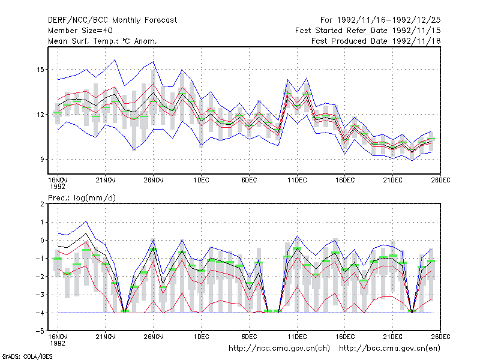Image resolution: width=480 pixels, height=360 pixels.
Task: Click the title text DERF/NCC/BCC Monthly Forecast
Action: click(x=112, y=20)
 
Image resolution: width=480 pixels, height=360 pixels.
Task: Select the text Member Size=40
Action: click(x=80, y=31)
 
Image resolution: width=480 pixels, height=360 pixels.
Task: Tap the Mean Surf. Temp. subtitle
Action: click(x=102, y=41)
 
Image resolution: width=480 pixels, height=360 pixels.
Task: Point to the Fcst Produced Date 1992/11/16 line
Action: click(x=376, y=41)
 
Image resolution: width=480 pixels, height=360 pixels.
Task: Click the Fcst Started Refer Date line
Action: click(x=368, y=31)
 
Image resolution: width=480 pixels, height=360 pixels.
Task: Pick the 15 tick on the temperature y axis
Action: click(x=40, y=70)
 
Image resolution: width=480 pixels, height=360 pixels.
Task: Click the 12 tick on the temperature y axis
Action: click(x=40, y=115)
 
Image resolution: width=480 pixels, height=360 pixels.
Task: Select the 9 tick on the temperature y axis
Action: click(x=42, y=160)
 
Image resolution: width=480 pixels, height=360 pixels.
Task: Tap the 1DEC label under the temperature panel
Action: click(x=201, y=180)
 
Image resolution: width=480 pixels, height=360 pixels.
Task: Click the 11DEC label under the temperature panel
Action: click(x=297, y=180)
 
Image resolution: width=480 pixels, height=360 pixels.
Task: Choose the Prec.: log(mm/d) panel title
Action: click(x=82, y=198)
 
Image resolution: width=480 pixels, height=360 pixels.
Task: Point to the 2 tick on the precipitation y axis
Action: click(x=42, y=204)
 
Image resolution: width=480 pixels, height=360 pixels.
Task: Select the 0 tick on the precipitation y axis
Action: click(x=42, y=241)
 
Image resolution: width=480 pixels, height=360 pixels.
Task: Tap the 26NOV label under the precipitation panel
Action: click(x=154, y=337)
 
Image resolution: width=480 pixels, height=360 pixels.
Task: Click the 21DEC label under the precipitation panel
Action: click(x=393, y=337)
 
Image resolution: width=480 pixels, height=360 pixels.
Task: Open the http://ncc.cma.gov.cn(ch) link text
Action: click(x=279, y=349)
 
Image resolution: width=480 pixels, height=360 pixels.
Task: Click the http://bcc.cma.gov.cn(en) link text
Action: click(x=389, y=349)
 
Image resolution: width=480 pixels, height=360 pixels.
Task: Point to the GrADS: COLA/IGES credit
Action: click(x=27, y=356)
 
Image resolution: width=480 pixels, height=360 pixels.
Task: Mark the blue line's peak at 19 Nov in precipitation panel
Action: click(x=86, y=221)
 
